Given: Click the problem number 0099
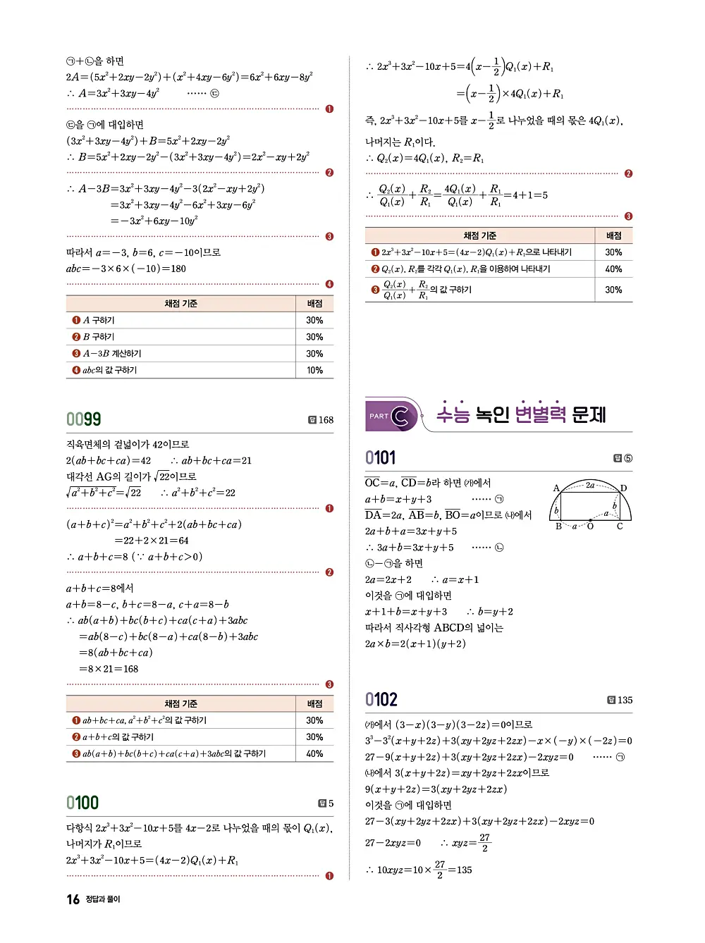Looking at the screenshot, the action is tap(83, 419).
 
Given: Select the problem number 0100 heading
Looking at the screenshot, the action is tap(82, 803).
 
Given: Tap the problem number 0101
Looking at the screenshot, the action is tap(380, 458).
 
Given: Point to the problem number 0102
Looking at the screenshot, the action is tap(381, 700).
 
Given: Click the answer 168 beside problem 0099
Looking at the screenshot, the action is tap(326, 420).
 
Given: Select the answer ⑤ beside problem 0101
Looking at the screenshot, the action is tap(627, 459).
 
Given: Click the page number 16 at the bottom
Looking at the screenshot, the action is tap(73, 899).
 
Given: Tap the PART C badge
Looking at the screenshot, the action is tap(390, 416).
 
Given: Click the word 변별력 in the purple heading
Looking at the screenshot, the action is tap(540, 414).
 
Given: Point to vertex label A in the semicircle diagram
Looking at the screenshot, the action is tap(556, 488).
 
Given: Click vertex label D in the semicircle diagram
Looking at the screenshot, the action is tap(623, 488).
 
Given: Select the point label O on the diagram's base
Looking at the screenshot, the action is tap(590, 526).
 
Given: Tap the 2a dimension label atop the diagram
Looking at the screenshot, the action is tap(590, 485).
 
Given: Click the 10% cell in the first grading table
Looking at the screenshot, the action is tap(314, 370).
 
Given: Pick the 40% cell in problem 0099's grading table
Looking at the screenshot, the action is tap(314, 754).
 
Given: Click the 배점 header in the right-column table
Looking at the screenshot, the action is tap(613, 236).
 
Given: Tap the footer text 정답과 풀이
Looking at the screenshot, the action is tap(103, 899).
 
